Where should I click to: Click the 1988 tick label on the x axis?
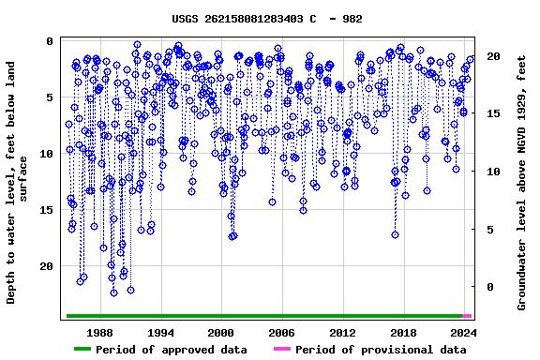[x=100, y=332]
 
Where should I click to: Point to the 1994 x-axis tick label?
[x=160, y=332]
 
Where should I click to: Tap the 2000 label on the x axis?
[x=221, y=332]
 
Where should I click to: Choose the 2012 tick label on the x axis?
[x=342, y=332]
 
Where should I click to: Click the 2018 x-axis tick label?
[x=403, y=332]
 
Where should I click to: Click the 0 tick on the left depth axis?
[x=49, y=41]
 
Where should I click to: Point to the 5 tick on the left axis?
[x=49, y=97]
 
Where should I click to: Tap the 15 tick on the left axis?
[x=45, y=210]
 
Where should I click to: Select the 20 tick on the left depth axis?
[x=45, y=266]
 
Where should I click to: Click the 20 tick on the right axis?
[x=493, y=57]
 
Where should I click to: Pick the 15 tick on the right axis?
[x=493, y=114]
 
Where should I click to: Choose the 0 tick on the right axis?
[x=489, y=287]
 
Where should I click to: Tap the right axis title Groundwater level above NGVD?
[x=522, y=183]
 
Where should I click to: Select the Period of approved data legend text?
[x=172, y=350]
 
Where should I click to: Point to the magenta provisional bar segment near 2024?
[x=467, y=316]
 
